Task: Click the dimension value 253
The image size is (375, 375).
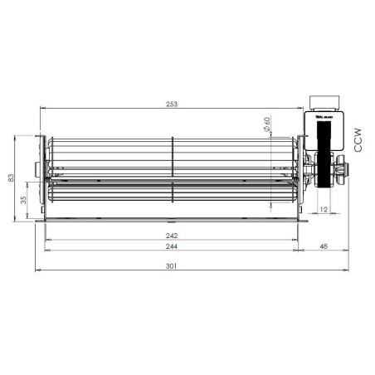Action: (x=171, y=105)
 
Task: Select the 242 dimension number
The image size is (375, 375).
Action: (x=171, y=235)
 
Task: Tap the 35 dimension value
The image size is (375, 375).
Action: (x=24, y=200)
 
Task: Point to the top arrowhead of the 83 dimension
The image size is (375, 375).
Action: (x=18, y=137)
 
